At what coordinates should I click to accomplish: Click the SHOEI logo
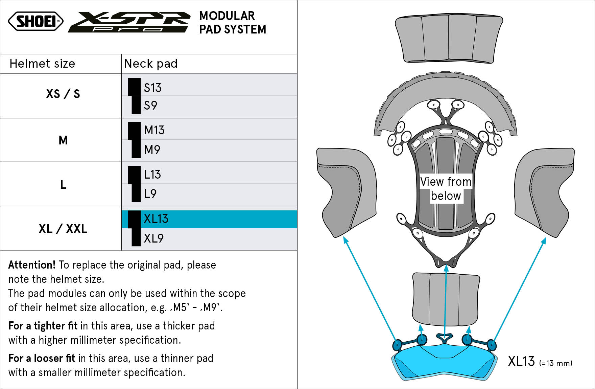click(36, 21)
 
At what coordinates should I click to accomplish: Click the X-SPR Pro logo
click(129, 22)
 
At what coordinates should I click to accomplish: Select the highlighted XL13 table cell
click(209, 219)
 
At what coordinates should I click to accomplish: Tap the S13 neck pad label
click(152, 88)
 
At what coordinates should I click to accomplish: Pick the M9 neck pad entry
click(152, 150)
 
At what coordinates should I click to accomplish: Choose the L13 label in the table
click(152, 175)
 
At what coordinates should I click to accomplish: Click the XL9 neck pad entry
click(153, 238)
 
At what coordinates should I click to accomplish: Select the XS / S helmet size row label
click(63, 94)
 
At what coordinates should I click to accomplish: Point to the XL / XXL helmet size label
click(63, 229)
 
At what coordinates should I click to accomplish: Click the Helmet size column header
click(42, 64)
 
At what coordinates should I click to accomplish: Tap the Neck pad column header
click(151, 64)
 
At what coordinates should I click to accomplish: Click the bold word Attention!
click(32, 265)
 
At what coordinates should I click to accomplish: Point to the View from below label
click(446, 189)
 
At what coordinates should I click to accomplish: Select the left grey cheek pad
click(347, 192)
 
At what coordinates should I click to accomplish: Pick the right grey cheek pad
click(544, 192)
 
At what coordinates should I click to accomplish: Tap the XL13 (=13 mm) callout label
click(540, 362)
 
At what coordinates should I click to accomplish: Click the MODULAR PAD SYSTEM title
click(233, 23)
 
